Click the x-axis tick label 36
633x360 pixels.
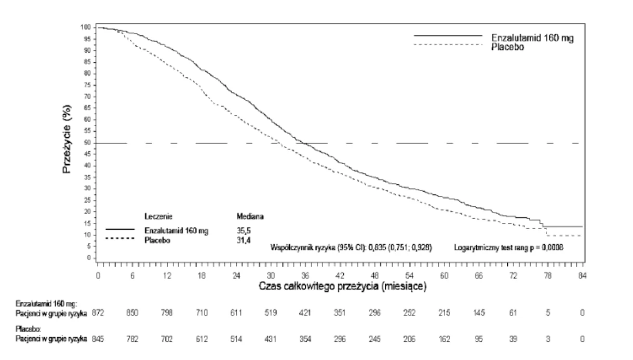tap(305, 275)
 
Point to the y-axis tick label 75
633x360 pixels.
tap(87, 85)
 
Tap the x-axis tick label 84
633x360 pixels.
tap(582, 275)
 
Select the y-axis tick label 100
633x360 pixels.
tap(86, 28)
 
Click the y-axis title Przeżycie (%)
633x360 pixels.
tap(67, 139)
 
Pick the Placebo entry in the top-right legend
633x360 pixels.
tap(507, 47)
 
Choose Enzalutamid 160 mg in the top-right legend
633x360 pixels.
tap(532, 38)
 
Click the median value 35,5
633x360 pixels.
tap(244, 231)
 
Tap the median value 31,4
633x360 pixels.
tap(244, 241)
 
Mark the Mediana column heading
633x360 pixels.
tap(250, 217)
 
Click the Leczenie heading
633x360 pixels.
tap(158, 217)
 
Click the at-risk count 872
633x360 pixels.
tap(98, 313)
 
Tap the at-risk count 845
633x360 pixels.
tap(98, 339)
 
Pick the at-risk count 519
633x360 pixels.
tap(271, 313)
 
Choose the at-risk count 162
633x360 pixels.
tap(444, 339)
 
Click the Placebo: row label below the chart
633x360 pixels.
tap(28, 329)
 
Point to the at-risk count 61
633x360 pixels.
tap(513, 313)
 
